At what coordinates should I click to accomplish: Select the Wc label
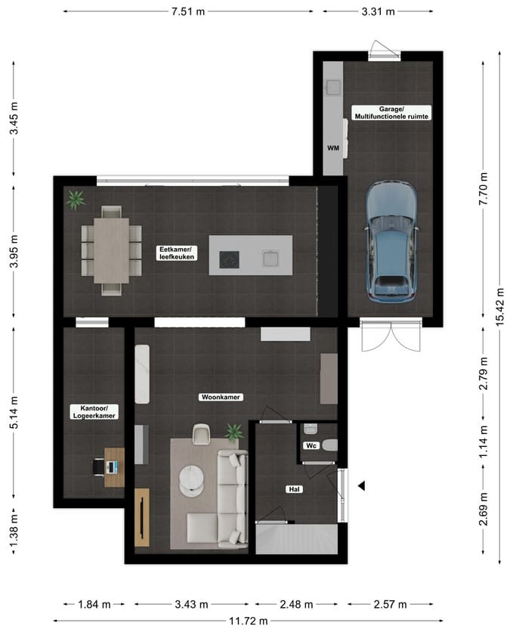(311, 446)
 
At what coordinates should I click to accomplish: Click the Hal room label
(295, 489)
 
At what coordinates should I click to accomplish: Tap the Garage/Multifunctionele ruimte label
(391, 113)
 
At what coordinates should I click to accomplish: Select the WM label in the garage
(332, 148)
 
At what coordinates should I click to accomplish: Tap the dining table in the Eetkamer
(111, 250)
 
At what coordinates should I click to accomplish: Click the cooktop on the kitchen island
(228, 259)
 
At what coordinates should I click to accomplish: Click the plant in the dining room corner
(75, 200)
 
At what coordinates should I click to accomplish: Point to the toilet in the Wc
(330, 445)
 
